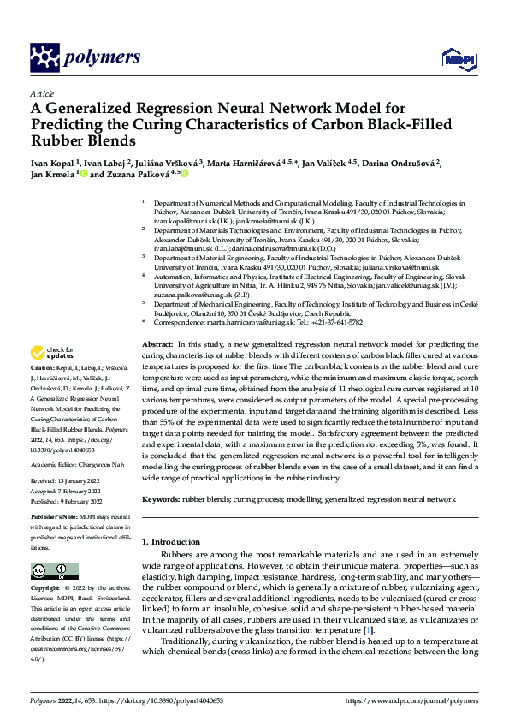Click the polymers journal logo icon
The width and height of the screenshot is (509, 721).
[x=42, y=57]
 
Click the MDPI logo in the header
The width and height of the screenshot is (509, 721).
[x=453, y=58]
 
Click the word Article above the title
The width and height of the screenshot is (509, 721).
[x=42, y=93]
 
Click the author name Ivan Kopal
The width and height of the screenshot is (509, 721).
[x=52, y=162]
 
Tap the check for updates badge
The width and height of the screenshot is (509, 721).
[x=52, y=377]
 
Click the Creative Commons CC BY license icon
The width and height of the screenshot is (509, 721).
[x=54, y=570]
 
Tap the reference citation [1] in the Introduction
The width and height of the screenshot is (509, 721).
[x=368, y=630]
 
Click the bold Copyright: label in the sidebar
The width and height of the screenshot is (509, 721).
[x=47, y=589]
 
